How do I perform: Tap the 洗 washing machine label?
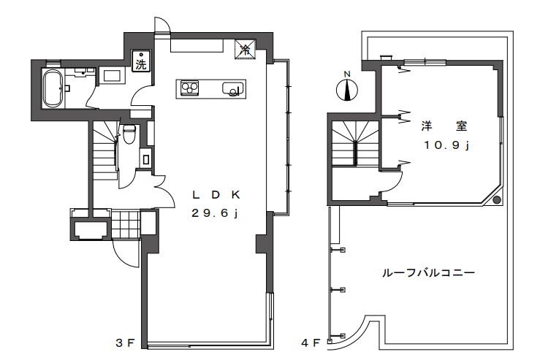pyautogui.click(x=140, y=64)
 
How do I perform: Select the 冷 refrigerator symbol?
pyautogui.click(x=245, y=50)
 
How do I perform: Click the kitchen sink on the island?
pyautogui.click(x=231, y=88)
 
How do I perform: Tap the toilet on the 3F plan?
pyautogui.click(x=129, y=133)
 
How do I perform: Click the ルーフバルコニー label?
pyautogui.click(x=428, y=274)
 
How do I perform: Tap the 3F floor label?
pyautogui.click(x=124, y=341)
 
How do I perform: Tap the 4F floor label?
pyautogui.click(x=311, y=341)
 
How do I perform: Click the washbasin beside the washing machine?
pyautogui.click(x=113, y=74)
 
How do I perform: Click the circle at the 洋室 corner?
pyautogui.click(x=496, y=199)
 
